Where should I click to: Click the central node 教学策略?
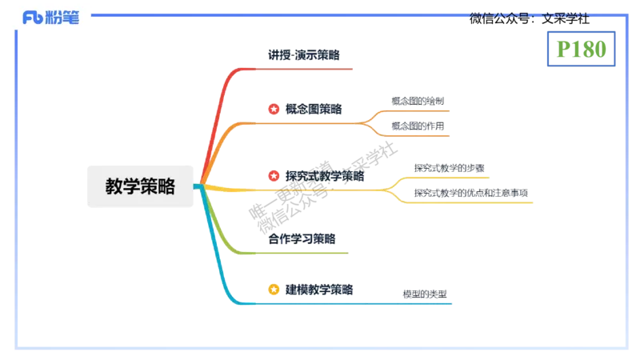pyautogui.click(x=140, y=186)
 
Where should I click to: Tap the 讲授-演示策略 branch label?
pyautogui.click(x=303, y=55)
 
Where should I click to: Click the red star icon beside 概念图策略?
pyautogui.click(x=274, y=108)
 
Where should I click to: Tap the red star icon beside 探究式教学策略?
pyautogui.click(x=274, y=175)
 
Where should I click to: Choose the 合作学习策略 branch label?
pyautogui.click(x=302, y=238)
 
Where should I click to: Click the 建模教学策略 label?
pyautogui.click(x=319, y=289)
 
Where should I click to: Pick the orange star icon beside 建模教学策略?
pyautogui.click(x=274, y=289)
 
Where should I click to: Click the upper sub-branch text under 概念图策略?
pyautogui.click(x=419, y=102)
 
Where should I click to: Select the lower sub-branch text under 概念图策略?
pyautogui.click(x=419, y=126)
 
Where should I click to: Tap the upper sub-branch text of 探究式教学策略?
pyautogui.click(x=448, y=167)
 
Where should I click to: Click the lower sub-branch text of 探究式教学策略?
pyautogui.click(x=470, y=193)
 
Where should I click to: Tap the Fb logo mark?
pyautogui.click(x=32, y=17)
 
